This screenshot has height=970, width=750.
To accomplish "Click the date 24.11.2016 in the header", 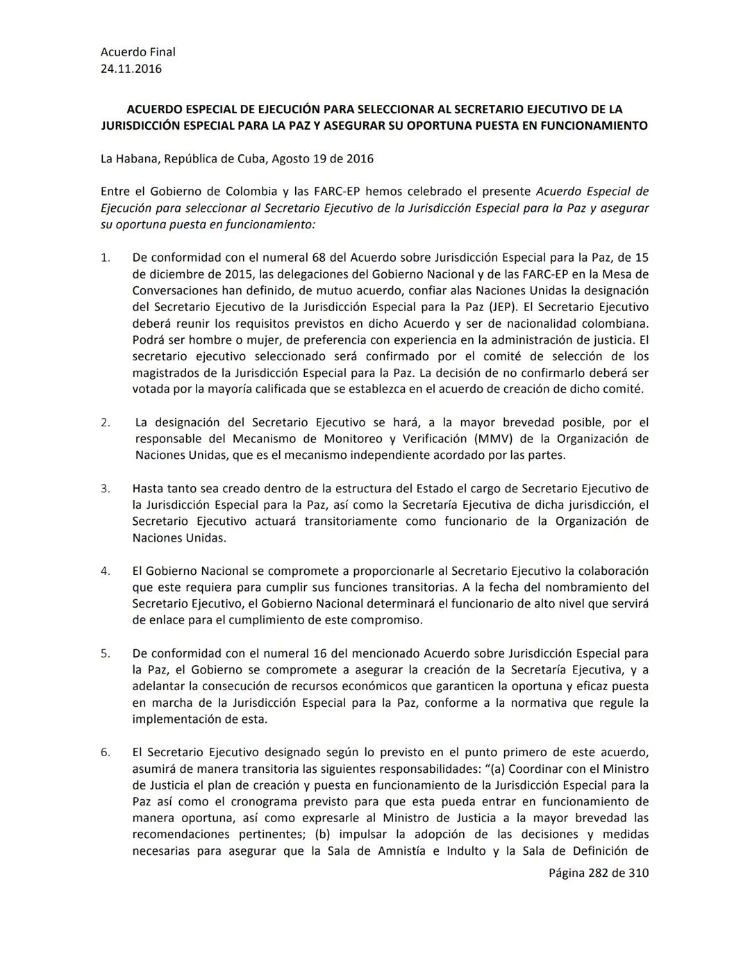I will (131, 68).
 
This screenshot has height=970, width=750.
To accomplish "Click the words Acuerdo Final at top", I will (137, 51).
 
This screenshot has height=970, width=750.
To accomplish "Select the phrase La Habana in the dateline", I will (130, 158).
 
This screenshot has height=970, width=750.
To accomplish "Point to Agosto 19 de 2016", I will (322, 158).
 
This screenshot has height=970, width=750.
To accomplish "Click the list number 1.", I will (105, 258).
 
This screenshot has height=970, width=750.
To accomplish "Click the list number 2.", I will (105, 422).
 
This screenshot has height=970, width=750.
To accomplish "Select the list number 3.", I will (105, 488).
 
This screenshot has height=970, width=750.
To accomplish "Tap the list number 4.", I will (105, 571).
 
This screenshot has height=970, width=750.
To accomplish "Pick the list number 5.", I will (105, 653).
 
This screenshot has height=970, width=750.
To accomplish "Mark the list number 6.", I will (105, 752).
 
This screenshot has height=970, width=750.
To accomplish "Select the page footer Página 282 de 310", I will (599, 873).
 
